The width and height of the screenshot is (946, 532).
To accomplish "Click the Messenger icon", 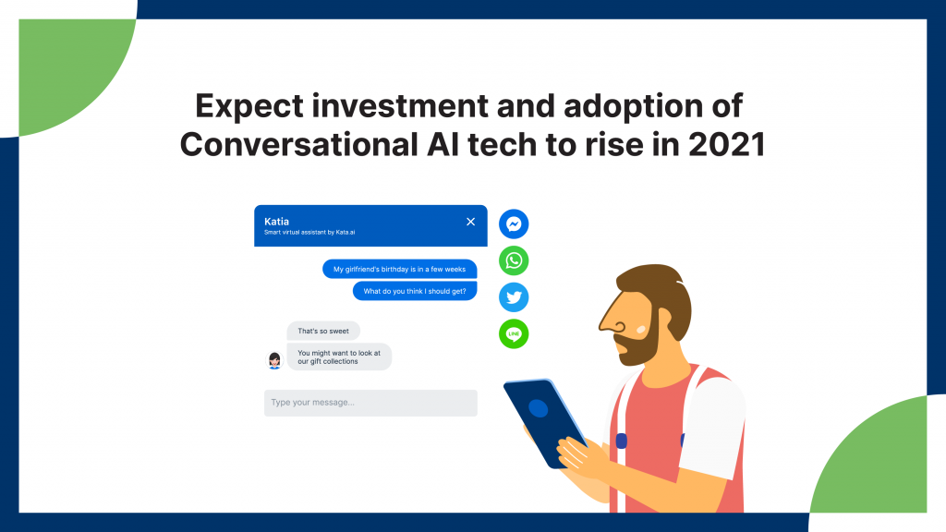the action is point(514,224).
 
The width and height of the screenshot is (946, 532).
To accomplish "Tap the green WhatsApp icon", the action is point(514,260).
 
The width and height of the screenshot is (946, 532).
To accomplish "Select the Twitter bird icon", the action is point(514,297).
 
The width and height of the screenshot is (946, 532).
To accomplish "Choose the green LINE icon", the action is point(514,333).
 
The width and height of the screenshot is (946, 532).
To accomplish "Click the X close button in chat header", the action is point(470,222).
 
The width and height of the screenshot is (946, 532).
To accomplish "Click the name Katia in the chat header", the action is point(276,222).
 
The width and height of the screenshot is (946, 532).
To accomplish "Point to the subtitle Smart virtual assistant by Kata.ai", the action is point(309,232).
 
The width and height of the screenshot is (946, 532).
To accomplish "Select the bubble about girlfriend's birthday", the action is point(399,269).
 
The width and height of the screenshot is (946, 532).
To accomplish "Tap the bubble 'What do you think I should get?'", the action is point(415,291).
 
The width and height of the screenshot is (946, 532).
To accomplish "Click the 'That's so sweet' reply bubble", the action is point(322,331).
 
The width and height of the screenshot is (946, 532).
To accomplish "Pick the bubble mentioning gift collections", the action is point(339,357).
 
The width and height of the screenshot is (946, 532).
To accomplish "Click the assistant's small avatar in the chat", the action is point(274,360).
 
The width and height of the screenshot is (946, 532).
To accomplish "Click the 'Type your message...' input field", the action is point(370,403).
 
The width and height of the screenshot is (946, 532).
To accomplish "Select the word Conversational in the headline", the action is point(298,145).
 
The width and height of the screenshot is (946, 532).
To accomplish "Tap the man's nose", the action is point(612,318).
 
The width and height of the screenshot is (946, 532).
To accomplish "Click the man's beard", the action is point(641,342).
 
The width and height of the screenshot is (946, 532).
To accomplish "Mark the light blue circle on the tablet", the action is point(539,408).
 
